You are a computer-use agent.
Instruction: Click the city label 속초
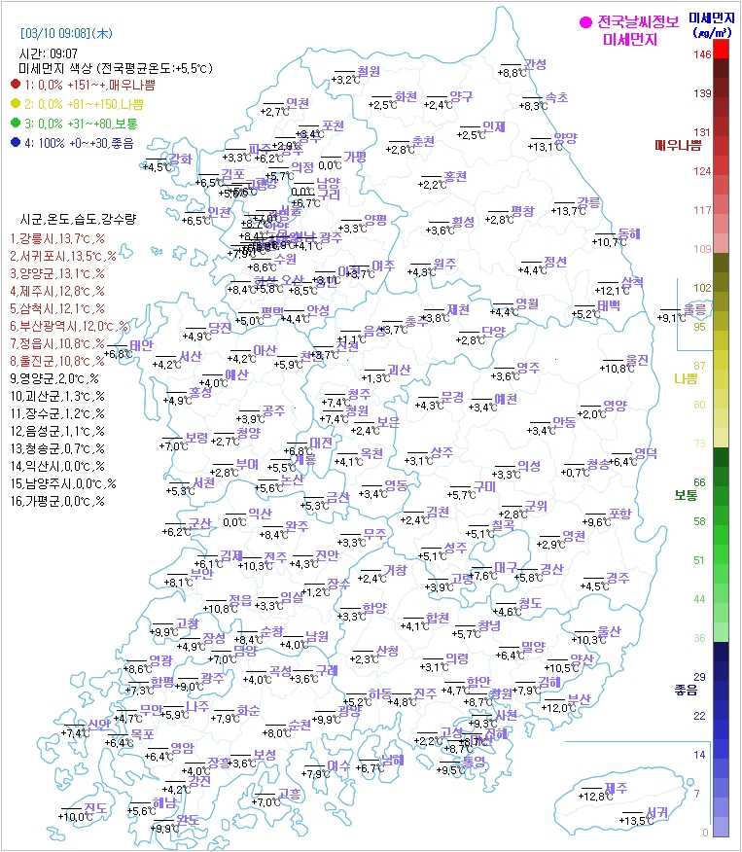point(556,97)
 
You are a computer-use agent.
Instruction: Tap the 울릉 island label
point(694,308)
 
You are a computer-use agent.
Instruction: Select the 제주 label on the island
point(616,788)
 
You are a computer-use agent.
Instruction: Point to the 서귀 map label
point(656,812)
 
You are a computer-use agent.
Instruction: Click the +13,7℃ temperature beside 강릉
point(569,211)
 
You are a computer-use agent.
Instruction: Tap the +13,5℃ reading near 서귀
point(634,822)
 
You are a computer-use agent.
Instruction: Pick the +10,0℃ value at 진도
point(74,817)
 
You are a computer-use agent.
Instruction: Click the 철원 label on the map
point(369,71)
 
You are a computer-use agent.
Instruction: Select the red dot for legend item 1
point(16,85)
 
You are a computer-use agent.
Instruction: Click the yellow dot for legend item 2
point(16,104)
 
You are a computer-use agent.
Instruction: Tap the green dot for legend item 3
point(16,124)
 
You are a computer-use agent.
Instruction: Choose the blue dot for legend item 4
point(16,143)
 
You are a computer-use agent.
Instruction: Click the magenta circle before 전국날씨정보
point(585,22)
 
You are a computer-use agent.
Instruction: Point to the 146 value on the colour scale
point(701,54)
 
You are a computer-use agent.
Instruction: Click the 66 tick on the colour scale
point(699,481)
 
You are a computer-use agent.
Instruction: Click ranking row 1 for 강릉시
point(57,238)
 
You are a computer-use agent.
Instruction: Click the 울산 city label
point(609,631)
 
